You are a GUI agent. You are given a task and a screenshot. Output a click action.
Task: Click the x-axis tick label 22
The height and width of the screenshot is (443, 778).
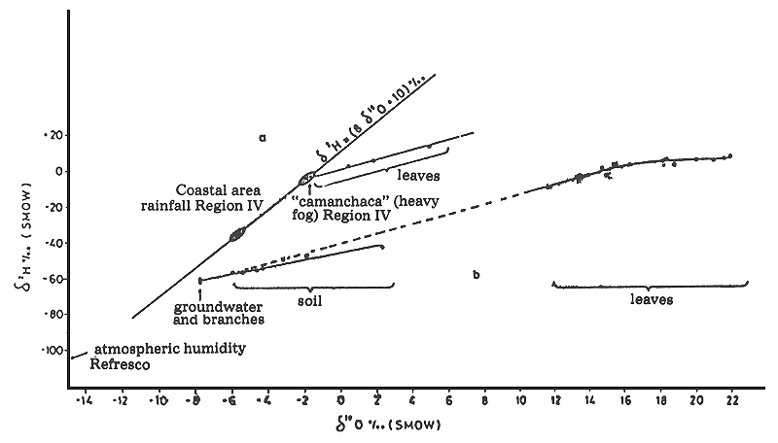[732, 399]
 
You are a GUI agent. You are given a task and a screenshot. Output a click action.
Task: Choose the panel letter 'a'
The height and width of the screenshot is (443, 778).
[262, 138]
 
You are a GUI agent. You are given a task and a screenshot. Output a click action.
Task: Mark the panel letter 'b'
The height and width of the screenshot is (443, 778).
[476, 275]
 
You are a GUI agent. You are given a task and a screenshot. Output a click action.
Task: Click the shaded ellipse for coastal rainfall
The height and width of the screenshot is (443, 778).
[236, 234]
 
